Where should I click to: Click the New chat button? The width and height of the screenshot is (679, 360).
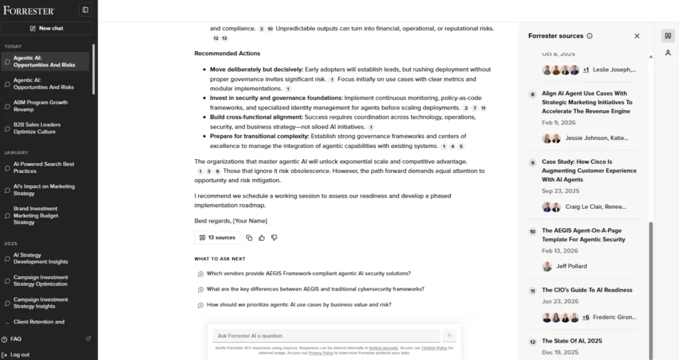(x=46, y=29)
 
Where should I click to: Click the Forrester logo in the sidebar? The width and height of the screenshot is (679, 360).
(x=29, y=10)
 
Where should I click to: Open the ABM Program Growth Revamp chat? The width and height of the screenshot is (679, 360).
(x=40, y=106)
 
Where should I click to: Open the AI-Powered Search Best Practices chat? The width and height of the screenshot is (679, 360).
(x=44, y=167)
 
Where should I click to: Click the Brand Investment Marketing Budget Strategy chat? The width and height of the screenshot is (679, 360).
(x=36, y=215)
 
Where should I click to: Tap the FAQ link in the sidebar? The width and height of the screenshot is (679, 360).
(x=16, y=339)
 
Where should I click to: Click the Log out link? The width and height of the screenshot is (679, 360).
(x=20, y=355)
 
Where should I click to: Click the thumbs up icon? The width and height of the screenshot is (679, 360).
(x=262, y=237)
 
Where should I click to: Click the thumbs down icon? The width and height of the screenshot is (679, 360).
(x=274, y=237)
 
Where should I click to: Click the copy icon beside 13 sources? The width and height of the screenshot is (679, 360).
(x=249, y=237)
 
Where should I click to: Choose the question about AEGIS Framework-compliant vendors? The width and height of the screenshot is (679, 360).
(x=308, y=273)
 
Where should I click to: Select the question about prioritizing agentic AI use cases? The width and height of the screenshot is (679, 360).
(x=298, y=305)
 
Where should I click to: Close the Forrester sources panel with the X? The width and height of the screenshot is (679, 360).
(x=637, y=36)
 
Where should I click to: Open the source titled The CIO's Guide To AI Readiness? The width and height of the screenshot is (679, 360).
(x=587, y=290)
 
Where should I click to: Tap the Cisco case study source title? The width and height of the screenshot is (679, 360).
(x=589, y=170)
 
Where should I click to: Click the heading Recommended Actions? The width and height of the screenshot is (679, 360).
(x=227, y=54)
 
